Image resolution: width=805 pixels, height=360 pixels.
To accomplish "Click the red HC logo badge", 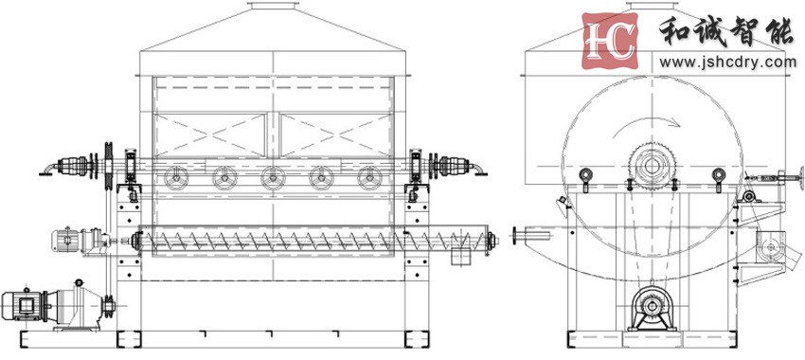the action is (609, 41).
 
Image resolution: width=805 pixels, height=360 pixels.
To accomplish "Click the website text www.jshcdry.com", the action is (728, 63).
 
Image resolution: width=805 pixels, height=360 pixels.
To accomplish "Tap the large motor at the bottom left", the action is (22, 306).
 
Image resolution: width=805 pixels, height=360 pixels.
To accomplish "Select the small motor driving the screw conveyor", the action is (65, 240).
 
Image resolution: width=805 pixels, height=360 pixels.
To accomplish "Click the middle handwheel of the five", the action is (273, 178).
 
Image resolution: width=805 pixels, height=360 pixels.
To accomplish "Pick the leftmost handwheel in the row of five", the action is (176, 178).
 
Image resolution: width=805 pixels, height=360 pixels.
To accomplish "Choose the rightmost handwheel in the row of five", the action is (369, 178).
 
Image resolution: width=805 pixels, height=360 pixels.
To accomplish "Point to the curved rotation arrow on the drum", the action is (648, 120).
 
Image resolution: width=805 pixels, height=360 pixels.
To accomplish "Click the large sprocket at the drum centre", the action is (652, 167).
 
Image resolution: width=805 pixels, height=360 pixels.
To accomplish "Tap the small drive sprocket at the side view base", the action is (652, 307).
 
